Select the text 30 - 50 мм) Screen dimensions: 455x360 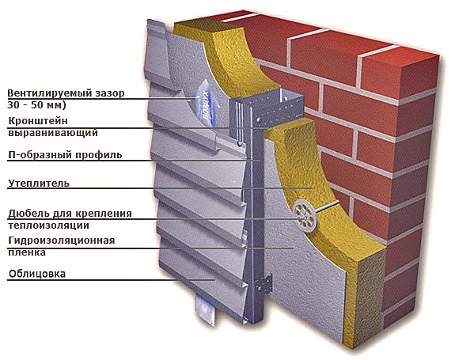pyautogui.click(x=37, y=104)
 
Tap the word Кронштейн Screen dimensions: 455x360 pyautogui.click(x=38, y=121)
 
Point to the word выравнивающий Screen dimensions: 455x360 pyautogui.click(x=53, y=133)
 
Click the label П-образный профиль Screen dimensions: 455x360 pyautogui.click(x=65, y=155)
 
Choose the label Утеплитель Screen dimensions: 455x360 pyautogui.click(x=39, y=184)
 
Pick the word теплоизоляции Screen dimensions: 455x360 pyautogui.click(x=48, y=225)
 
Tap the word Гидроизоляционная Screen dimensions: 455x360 pyautogui.click(x=62, y=241)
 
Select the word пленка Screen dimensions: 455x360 pyautogui.click(x=27, y=252)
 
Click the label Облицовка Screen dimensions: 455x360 pyautogui.click(x=37, y=274)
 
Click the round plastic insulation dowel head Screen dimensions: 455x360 pyautogui.click(x=305, y=216)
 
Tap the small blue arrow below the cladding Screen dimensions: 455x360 pyautogui.click(x=206, y=309)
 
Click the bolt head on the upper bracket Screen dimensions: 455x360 pyautogui.click(x=258, y=119)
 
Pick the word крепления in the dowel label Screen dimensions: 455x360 pyautogui.click(x=104, y=214)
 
